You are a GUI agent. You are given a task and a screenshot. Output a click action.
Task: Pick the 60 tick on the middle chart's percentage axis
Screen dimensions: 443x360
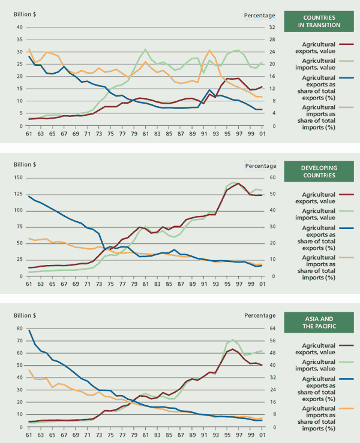pyautogui.click(x=271, y=178)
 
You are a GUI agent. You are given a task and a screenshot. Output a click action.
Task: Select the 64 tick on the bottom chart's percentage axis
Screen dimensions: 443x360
pyautogui.click(x=271, y=329)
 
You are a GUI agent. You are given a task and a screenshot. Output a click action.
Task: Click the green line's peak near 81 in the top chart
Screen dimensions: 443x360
pyautogui.click(x=145, y=50)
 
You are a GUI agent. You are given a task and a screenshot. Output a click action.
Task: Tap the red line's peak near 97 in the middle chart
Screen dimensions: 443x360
pyautogui.click(x=238, y=183)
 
